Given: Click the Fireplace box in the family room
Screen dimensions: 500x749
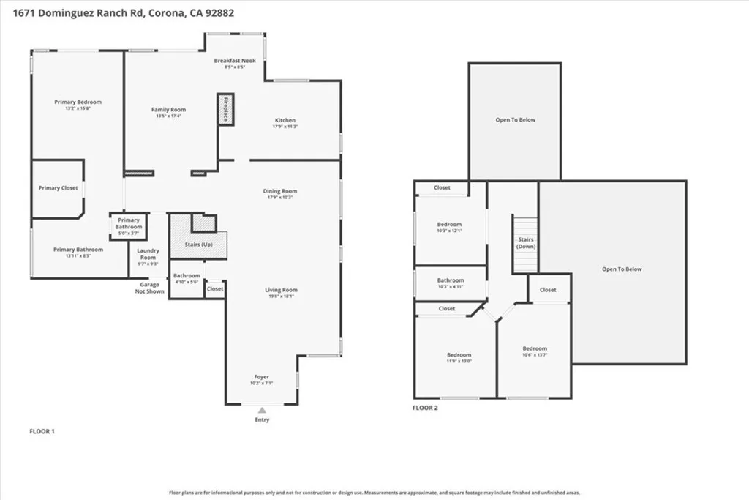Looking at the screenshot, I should (x=225, y=109).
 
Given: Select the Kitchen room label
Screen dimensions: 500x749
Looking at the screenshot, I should (x=285, y=120).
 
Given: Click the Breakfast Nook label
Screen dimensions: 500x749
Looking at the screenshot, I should (x=235, y=61).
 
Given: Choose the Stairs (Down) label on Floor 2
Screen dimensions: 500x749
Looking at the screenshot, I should (x=526, y=242).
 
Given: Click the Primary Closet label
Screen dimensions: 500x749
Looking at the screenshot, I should (x=59, y=188).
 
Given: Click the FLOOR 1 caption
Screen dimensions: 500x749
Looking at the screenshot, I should (x=42, y=431).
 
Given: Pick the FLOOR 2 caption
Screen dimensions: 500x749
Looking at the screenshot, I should (x=425, y=407).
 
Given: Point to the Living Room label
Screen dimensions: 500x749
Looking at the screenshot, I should (x=281, y=290).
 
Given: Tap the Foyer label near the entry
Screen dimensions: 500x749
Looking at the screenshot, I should (x=261, y=376).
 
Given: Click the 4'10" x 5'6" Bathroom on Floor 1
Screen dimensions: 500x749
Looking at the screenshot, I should (x=187, y=279).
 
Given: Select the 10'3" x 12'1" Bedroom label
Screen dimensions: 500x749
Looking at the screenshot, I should (x=449, y=228).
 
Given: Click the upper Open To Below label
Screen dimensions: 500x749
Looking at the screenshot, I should (x=515, y=119).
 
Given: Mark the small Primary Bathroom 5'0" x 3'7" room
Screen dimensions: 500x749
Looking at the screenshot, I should (x=128, y=226).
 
